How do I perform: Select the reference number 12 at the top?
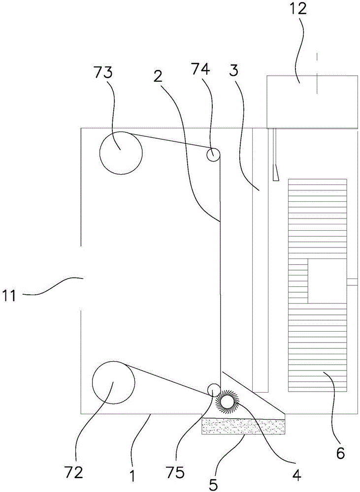pos(298,8)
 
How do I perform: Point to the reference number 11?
pos(10,296)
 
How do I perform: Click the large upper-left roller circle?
pos(121,153)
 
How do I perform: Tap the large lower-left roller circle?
pos(114,382)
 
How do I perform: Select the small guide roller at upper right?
pos(213,154)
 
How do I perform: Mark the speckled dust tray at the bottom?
pos(243,426)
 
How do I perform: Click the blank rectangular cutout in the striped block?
pos(327,281)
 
